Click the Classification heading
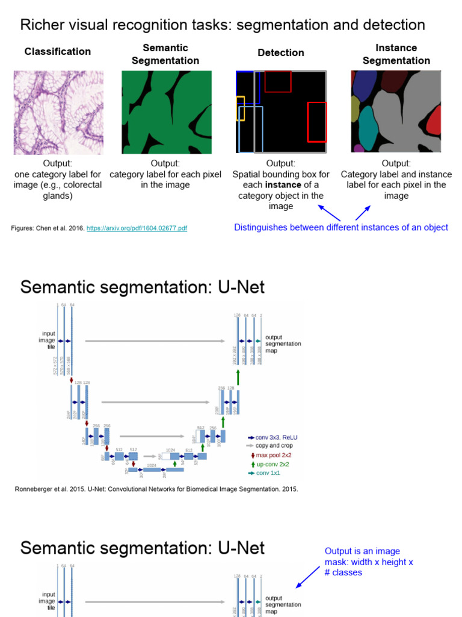(x=58, y=52)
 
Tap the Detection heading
(x=281, y=53)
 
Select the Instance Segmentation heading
(x=396, y=54)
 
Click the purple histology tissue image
(x=59, y=112)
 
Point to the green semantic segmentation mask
(x=167, y=112)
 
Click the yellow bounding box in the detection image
(x=240, y=108)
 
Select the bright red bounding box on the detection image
(x=316, y=122)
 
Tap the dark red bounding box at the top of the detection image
(x=278, y=81)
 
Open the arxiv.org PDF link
(x=137, y=228)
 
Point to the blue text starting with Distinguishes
(x=341, y=227)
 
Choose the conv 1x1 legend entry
(x=268, y=474)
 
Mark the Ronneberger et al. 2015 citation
(x=156, y=489)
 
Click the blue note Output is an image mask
(x=368, y=562)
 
